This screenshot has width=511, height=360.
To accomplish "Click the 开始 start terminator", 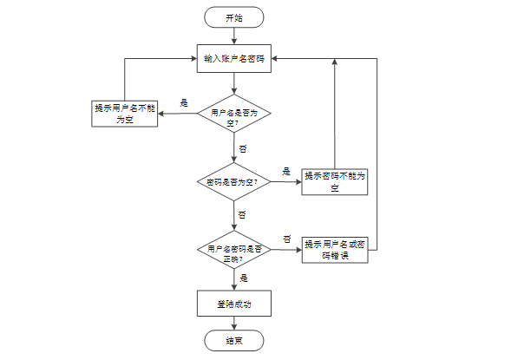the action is (233, 17).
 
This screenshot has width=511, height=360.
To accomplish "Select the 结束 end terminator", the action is (233, 340).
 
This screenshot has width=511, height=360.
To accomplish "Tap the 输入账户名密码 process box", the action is (234, 59).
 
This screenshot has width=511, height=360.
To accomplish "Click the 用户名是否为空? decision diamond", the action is (234, 114).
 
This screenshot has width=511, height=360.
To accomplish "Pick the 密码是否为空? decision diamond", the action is (234, 182).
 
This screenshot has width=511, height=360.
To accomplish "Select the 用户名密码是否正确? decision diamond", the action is (234, 250).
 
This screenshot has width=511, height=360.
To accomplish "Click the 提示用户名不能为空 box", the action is (124, 114).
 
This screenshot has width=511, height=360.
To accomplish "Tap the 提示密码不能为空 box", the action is (335, 182).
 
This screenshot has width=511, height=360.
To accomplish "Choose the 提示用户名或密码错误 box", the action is (335, 250).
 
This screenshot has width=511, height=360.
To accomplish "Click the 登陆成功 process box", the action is (234, 304).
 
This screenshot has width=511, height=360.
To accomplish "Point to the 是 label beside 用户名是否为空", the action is (184, 103).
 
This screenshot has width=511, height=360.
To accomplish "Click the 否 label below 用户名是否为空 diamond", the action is (243, 149).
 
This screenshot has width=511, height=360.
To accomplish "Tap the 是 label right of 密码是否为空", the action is (286, 172).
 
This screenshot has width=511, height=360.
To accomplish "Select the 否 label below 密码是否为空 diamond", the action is (242, 214).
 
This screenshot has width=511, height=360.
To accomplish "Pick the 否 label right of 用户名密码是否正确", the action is (287, 239).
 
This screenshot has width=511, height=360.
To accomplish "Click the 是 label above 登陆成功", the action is (244, 278).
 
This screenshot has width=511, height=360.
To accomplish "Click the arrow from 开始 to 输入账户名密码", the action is (234, 36).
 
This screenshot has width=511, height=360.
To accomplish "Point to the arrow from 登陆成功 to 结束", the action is (234, 324).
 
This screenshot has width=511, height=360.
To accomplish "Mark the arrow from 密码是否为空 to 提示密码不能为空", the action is (286, 182).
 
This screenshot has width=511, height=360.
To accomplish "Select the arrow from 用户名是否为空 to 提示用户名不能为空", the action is (178, 114).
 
